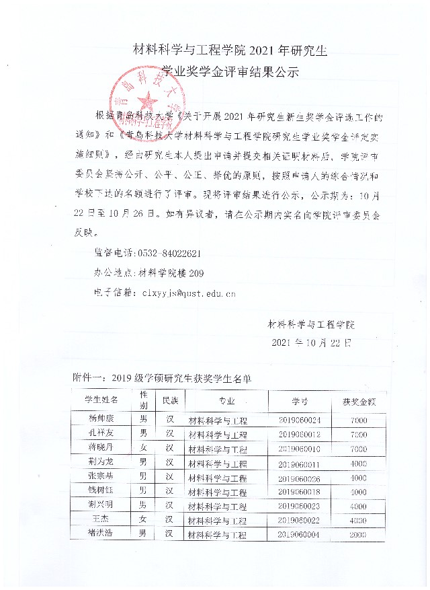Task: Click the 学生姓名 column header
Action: pos(101,400)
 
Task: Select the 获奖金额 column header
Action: pos(359,402)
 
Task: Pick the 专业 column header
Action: pos(226,401)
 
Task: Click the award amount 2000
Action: pos(358,535)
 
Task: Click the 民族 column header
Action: pos(170,401)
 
